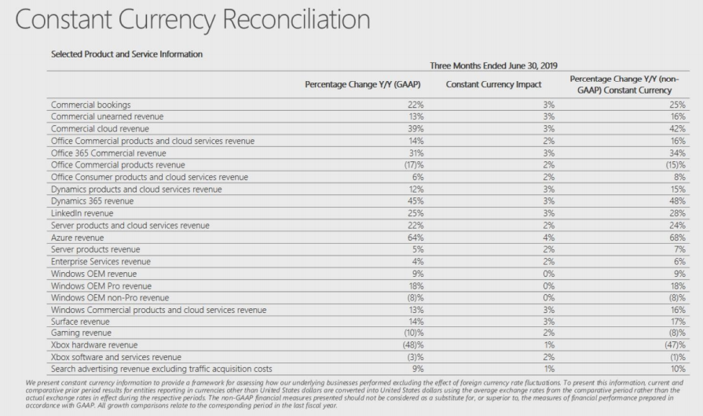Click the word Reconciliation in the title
pyautogui.click(x=296, y=20)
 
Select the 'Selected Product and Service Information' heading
pyautogui.click(x=127, y=54)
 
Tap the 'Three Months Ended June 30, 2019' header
pyautogui.click(x=493, y=66)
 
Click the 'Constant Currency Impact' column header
pyautogui.click(x=493, y=84)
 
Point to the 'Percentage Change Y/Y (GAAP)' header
pyautogui.click(x=363, y=84)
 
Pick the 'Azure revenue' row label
pyautogui.click(x=77, y=237)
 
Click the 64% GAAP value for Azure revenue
pyautogui.click(x=416, y=237)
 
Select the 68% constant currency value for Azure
pyautogui.click(x=677, y=237)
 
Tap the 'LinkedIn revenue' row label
pyautogui.click(x=82, y=213)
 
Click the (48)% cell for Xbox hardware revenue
pyautogui.click(x=413, y=345)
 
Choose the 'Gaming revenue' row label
pyautogui.click(x=81, y=333)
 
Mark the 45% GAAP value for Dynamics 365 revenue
pyautogui.click(x=416, y=201)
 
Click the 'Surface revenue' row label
pyautogui.click(x=80, y=322)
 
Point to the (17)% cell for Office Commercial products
pyautogui.click(x=414, y=164)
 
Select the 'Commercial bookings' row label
pyautogui.click(x=90, y=105)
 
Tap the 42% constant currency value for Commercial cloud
pyautogui.click(x=677, y=128)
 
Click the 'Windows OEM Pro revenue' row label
pyautogui.click(x=101, y=286)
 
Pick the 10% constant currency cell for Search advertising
pyautogui.click(x=678, y=369)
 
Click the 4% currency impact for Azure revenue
pyautogui.click(x=549, y=237)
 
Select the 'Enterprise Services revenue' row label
pyautogui.click(x=101, y=262)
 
